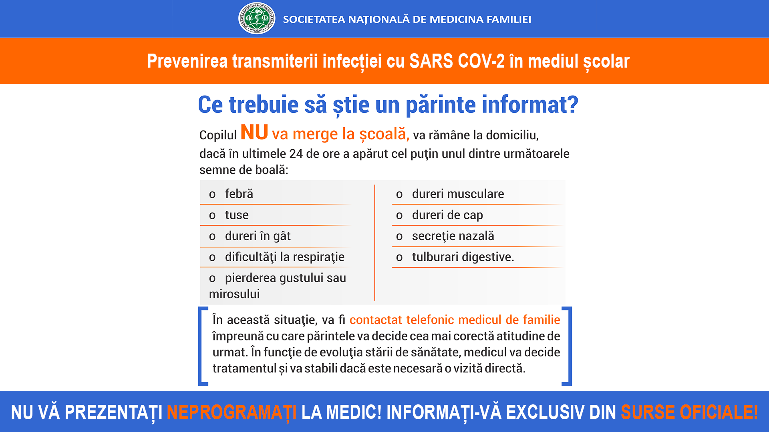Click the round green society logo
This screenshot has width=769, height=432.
click(x=257, y=18)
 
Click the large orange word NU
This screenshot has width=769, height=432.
click(x=254, y=132)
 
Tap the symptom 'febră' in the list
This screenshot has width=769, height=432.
click(x=239, y=194)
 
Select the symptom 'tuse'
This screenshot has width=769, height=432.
click(x=237, y=215)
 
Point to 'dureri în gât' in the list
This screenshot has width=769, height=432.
click(x=258, y=236)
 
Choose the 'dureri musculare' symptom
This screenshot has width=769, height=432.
click(x=458, y=194)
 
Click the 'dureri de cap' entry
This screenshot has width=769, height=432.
click(x=447, y=215)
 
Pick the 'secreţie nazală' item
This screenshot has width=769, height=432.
click(x=453, y=236)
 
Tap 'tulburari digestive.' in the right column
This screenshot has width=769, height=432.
click(x=463, y=257)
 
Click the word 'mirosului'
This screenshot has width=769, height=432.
click(x=234, y=294)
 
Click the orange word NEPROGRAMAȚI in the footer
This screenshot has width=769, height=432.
click(x=232, y=412)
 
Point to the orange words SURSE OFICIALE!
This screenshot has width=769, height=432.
click(x=689, y=412)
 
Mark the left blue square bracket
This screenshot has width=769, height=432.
click(x=202, y=346)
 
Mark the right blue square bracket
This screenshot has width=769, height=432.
click(x=568, y=346)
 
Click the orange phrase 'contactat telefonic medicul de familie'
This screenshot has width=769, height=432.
click(x=455, y=320)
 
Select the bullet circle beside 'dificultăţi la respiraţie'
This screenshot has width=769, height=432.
click(x=212, y=258)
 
